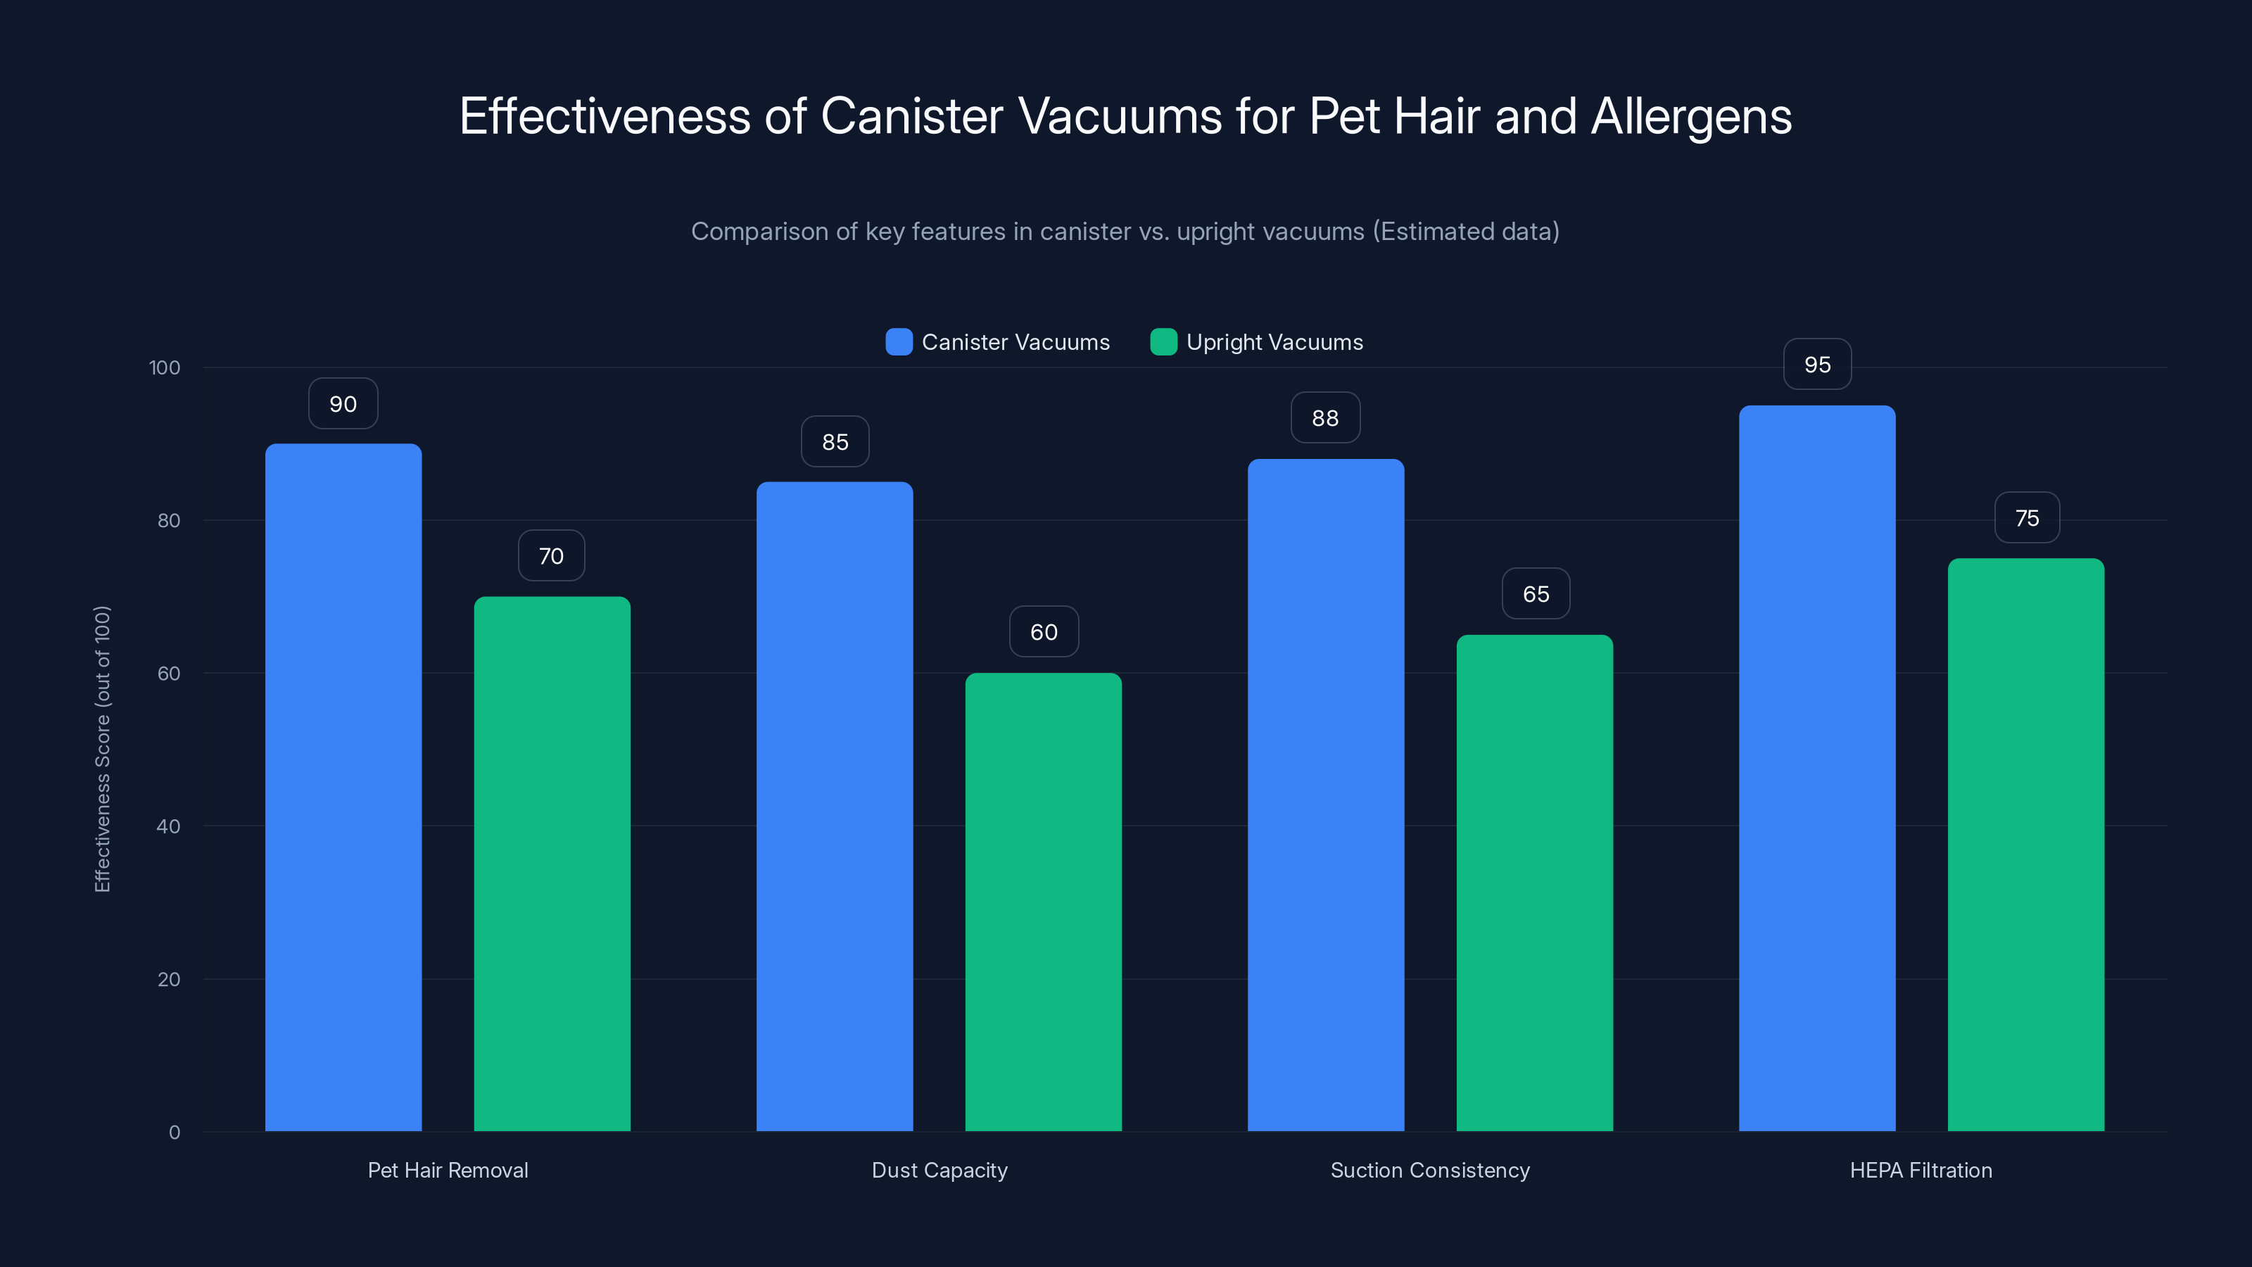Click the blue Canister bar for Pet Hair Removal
(x=343, y=787)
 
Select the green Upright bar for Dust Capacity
(x=1043, y=901)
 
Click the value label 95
(x=1816, y=365)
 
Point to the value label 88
(x=1324, y=418)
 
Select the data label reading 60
(x=1043, y=632)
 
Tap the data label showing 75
(x=2027, y=519)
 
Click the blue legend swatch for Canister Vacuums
(x=899, y=342)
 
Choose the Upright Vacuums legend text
(x=1274, y=342)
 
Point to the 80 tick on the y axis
(x=169, y=521)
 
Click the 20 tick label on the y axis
(x=169, y=979)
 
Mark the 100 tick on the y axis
(x=165, y=368)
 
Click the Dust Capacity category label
(x=939, y=1170)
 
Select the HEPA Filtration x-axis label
(x=1920, y=1170)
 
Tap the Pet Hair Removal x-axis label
(x=448, y=1170)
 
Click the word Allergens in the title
(x=1690, y=117)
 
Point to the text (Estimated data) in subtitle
(x=1465, y=232)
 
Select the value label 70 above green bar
(x=551, y=556)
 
